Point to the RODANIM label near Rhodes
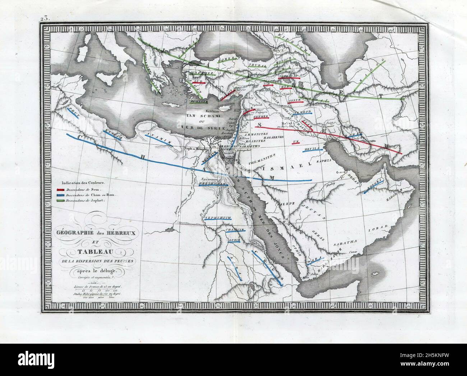pyautogui.click(x=198, y=102)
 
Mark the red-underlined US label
pyautogui.click(x=296, y=141)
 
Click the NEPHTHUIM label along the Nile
pyautogui.click(x=217, y=218)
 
